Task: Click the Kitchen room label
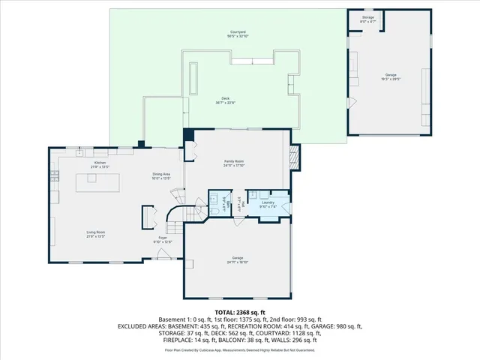point(100,163)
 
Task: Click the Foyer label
point(162,238)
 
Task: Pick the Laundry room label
point(268,202)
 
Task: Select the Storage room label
point(367,16)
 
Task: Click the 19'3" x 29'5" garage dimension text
point(391,79)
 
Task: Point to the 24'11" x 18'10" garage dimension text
point(238,261)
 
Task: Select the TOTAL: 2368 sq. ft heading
point(239,312)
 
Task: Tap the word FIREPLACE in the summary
point(148,340)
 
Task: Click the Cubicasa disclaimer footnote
point(239,349)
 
